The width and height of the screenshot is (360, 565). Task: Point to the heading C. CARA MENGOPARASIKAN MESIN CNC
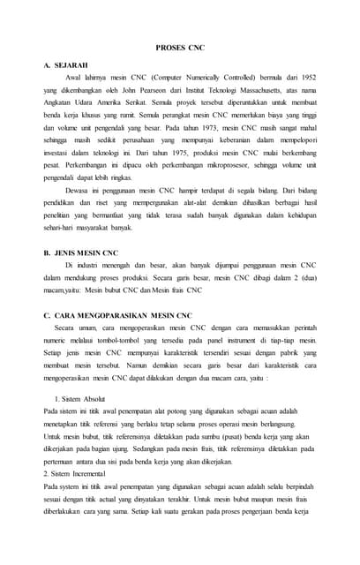pyautogui.click(x=125, y=315)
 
